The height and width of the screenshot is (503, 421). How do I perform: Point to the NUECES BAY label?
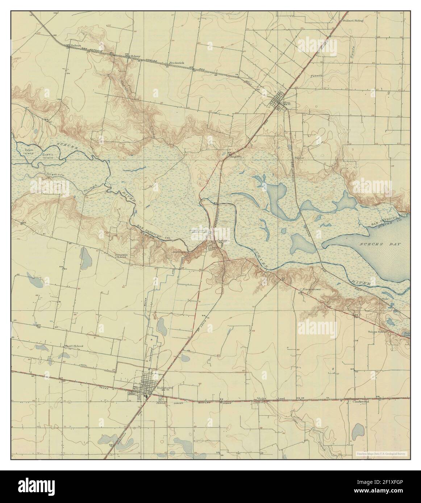pyautogui.click(x=380, y=245)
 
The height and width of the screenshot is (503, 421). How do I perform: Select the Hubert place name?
pyautogui.click(x=75, y=46)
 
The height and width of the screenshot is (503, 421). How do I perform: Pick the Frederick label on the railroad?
pyautogui.click(x=176, y=63)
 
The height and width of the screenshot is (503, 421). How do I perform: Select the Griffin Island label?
pyautogui.click(x=47, y=156)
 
